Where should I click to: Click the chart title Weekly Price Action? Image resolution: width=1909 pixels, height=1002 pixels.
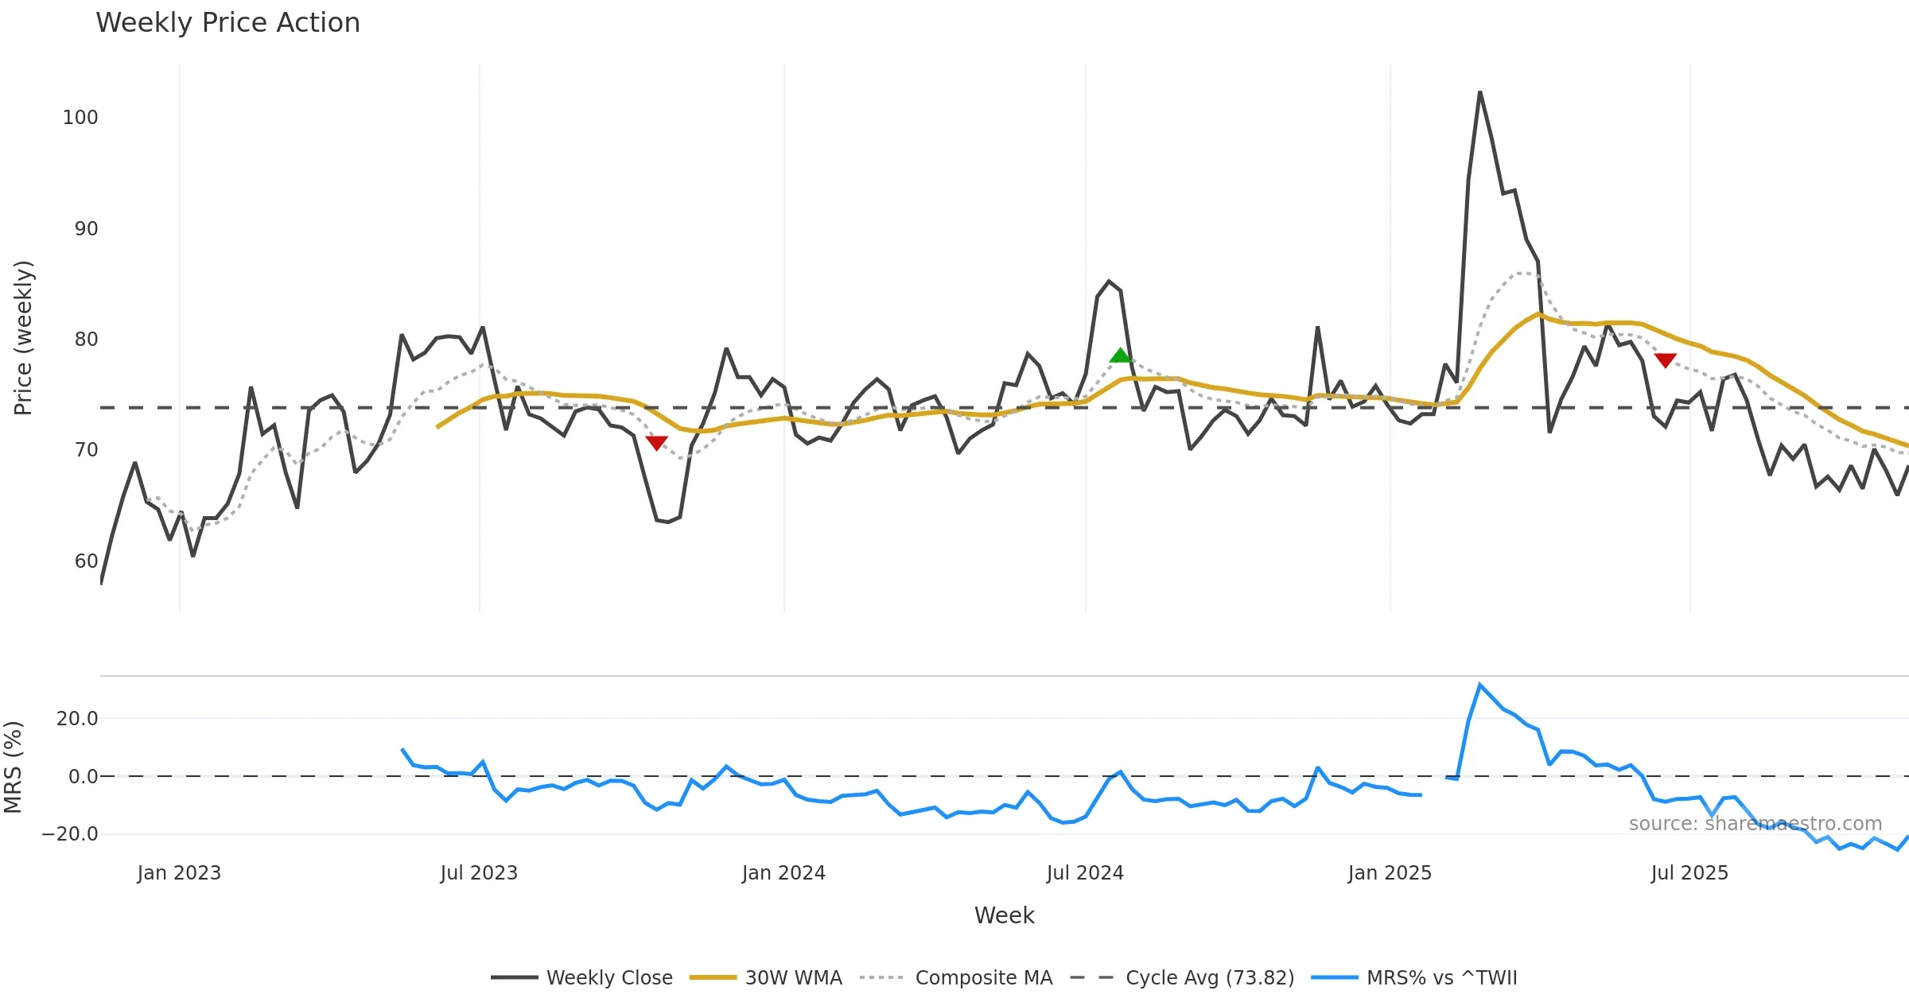click(x=227, y=23)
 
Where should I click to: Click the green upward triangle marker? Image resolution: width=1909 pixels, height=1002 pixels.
click(x=1120, y=355)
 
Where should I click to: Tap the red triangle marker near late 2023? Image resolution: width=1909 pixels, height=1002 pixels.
click(x=656, y=443)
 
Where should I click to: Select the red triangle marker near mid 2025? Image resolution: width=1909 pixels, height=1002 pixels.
click(x=1665, y=360)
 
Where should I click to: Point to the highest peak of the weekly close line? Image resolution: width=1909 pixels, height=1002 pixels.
click(x=1479, y=93)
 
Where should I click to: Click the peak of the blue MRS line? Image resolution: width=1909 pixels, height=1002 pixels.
click(x=1479, y=685)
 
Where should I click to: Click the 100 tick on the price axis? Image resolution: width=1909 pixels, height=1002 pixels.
click(x=80, y=118)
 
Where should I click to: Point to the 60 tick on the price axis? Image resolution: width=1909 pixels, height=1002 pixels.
click(x=86, y=561)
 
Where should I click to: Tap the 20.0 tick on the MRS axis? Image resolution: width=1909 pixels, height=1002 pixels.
click(x=77, y=719)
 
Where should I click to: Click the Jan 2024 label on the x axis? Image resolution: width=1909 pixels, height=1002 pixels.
click(x=783, y=873)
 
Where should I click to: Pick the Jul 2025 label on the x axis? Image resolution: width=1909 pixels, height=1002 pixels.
click(x=1689, y=873)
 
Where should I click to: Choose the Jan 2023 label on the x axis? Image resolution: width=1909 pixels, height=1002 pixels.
click(x=179, y=873)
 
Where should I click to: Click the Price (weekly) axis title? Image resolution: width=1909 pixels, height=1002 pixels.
click(x=24, y=338)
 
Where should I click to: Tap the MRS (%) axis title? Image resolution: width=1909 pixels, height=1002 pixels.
click(x=14, y=767)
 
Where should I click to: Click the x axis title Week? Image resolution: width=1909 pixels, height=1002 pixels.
click(x=1004, y=916)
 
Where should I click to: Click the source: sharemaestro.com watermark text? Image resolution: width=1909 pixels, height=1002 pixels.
click(x=1755, y=824)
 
